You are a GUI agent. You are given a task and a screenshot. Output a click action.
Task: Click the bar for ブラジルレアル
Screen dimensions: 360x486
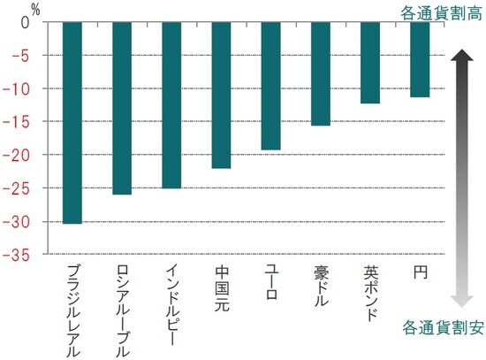click(x=73, y=123)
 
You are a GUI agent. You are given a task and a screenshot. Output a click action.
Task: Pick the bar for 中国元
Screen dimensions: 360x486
click(x=222, y=95)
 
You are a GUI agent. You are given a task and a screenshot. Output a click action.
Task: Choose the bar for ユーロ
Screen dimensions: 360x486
click(x=271, y=86)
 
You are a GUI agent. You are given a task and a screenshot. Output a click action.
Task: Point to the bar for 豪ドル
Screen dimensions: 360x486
click(x=321, y=74)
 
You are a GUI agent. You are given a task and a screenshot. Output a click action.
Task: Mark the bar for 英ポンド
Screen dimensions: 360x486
click(x=370, y=63)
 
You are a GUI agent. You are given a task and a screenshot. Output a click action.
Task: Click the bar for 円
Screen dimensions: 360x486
click(x=420, y=59)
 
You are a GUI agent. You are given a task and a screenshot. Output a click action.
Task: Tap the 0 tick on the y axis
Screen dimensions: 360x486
click(x=26, y=23)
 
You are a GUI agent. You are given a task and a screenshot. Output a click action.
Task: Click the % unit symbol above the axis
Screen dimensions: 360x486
click(x=36, y=8)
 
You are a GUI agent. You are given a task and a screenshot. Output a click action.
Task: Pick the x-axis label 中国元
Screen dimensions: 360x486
click(x=222, y=288)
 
